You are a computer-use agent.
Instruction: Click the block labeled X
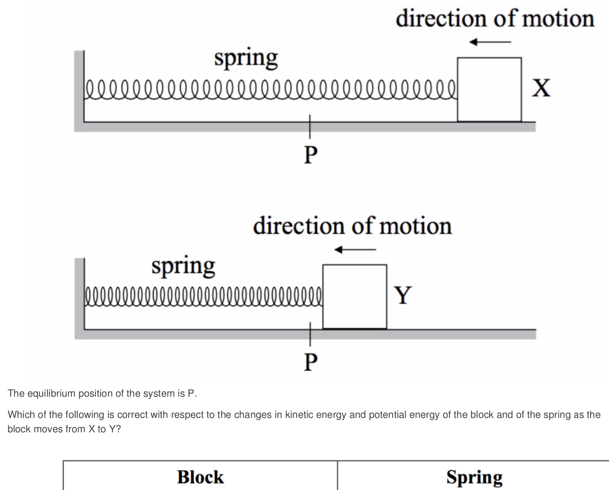(x=489, y=89)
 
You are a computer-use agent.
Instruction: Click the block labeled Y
(x=355, y=297)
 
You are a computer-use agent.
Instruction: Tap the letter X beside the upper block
(x=541, y=88)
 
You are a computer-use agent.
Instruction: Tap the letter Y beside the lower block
(x=403, y=295)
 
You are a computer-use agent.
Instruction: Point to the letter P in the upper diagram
(x=311, y=155)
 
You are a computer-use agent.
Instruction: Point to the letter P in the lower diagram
(x=311, y=362)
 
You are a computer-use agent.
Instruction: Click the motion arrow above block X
(x=490, y=42)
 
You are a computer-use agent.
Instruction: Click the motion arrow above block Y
(x=355, y=249)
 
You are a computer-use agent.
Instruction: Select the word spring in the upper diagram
(x=246, y=59)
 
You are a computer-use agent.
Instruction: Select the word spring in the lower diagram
(x=183, y=266)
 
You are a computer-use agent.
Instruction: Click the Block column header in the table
(x=200, y=477)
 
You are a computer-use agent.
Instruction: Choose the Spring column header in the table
(x=474, y=477)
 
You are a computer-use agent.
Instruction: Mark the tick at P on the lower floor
(x=310, y=334)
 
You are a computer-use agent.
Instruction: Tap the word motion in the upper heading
(x=558, y=19)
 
